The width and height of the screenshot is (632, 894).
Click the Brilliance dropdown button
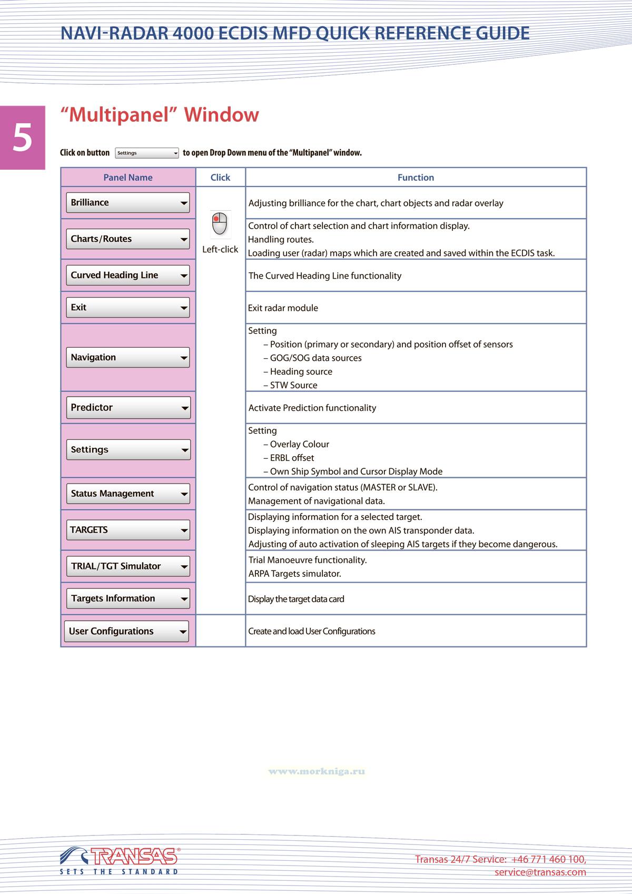pyautogui.click(x=127, y=203)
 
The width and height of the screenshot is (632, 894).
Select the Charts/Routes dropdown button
pyautogui.click(x=127, y=239)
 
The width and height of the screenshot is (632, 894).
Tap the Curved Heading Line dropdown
pyautogui.click(x=127, y=276)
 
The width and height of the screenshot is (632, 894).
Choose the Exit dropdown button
pyautogui.click(x=127, y=308)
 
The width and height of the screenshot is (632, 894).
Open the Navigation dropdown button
pyautogui.click(x=127, y=358)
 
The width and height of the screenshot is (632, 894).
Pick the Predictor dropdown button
pyautogui.click(x=127, y=408)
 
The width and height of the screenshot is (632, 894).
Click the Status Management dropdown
pyautogui.click(x=127, y=494)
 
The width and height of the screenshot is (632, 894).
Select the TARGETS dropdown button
pyautogui.click(x=127, y=530)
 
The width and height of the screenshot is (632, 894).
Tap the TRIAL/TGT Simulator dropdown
pyautogui.click(x=127, y=567)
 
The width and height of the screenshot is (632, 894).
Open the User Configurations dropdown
pyautogui.click(x=126, y=632)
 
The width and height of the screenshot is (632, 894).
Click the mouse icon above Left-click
pyautogui.click(x=220, y=224)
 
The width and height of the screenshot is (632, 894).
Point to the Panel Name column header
pyautogui.click(x=128, y=178)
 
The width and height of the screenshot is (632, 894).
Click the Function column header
pyautogui.click(x=416, y=178)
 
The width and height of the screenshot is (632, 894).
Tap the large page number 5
pyautogui.click(x=23, y=137)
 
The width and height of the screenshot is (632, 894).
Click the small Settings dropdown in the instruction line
pyautogui.click(x=147, y=153)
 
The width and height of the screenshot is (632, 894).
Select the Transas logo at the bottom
pyautogui.click(x=120, y=860)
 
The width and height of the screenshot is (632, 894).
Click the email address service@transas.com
pyautogui.click(x=540, y=872)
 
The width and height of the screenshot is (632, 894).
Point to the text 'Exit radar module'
pyautogui.click(x=283, y=308)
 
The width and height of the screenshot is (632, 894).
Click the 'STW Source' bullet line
pyautogui.click(x=293, y=386)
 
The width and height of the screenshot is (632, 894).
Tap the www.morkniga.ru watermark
pyautogui.click(x=317, y=772)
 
